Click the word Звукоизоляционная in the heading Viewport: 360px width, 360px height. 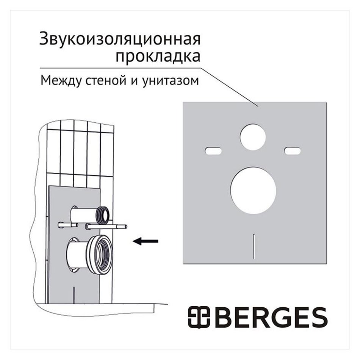[x=120, y=39]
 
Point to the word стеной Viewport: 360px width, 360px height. [x=106, y=81]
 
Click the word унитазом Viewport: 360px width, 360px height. [x=170, y=81]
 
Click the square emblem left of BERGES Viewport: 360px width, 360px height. [x=199, y=317]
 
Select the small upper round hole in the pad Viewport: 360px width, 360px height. [x=253, y=137]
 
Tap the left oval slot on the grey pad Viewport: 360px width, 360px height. [x=213, y=151]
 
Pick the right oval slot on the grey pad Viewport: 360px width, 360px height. [x=292, y=150]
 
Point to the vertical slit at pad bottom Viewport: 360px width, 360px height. [x=254, y=246]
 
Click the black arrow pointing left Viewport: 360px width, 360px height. [x=146, y=241]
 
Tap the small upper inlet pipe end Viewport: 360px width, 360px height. [x=104, y=215]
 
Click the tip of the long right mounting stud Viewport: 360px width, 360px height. [x=126, y=227]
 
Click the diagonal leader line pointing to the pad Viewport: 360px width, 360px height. [x=230, y=88]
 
